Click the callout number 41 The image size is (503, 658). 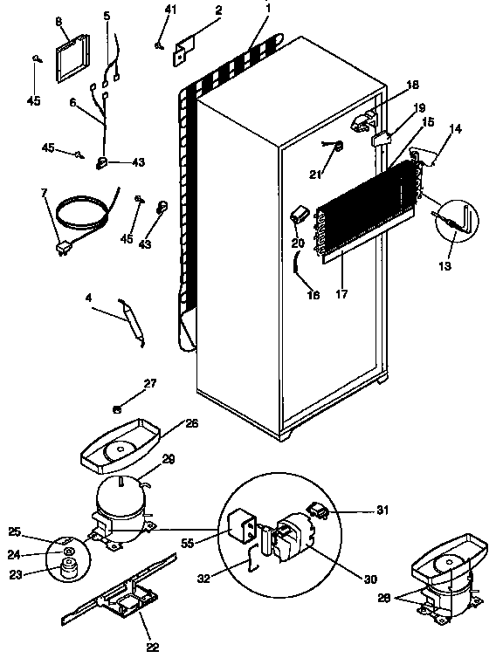click(x=170, y=9)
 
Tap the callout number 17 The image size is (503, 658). click(x=341, y=294)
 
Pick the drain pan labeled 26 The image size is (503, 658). click(x=118, y=442)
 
